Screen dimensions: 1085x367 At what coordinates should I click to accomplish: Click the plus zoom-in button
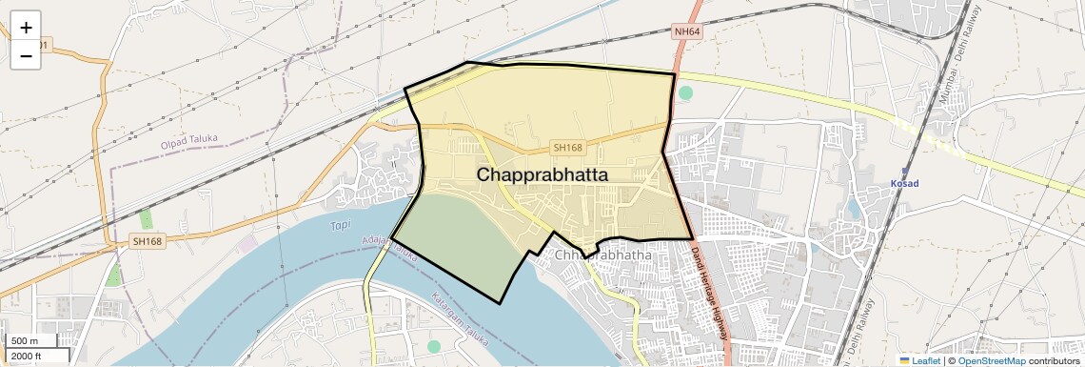26,28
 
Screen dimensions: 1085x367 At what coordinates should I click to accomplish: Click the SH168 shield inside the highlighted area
567,148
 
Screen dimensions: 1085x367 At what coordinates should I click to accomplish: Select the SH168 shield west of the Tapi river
148,242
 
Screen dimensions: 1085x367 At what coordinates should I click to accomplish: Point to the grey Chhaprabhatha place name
602,255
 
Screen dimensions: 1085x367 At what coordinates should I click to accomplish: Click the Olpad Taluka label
189,140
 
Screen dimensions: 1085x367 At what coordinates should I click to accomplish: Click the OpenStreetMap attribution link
991,360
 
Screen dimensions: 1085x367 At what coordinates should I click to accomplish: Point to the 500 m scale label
26,341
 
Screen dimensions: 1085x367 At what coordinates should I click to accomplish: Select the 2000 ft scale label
28,357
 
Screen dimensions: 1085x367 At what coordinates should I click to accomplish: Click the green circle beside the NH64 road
686,92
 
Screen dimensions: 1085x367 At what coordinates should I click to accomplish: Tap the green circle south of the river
434,347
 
